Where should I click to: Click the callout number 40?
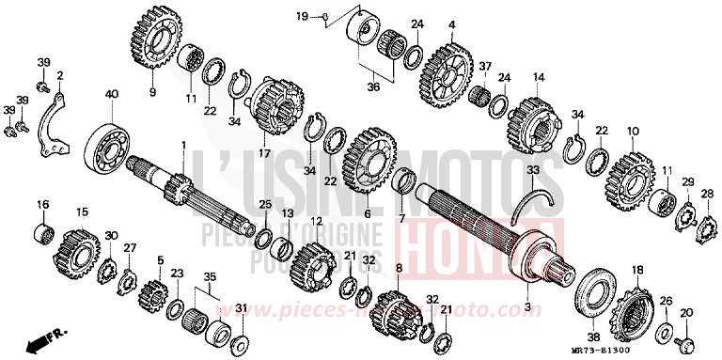(112, 94)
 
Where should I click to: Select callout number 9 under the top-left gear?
(152, 92)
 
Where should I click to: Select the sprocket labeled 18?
(634, 311)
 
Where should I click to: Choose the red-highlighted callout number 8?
(399, 270)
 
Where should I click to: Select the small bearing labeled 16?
(42, 231)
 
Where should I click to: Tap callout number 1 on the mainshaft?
(184, 145)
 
